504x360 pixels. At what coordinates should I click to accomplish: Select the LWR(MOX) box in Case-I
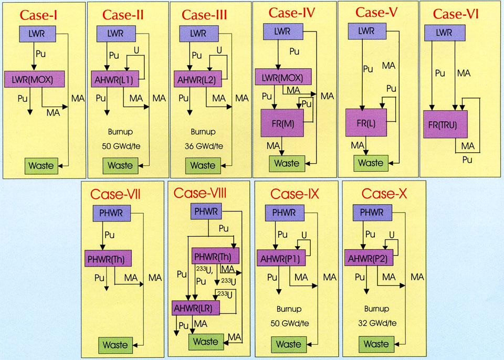pos(34,79)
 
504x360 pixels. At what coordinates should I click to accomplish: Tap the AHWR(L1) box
pos(114,79)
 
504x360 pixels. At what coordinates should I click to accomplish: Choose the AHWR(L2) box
pos(195,79)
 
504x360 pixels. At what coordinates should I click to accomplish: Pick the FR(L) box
pos(366,124)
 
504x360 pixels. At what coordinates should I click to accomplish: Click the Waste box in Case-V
pos(371,163)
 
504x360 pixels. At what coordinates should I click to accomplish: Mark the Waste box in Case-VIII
pos(205,342)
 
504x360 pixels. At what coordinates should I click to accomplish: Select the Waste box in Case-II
pos(120,165)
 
